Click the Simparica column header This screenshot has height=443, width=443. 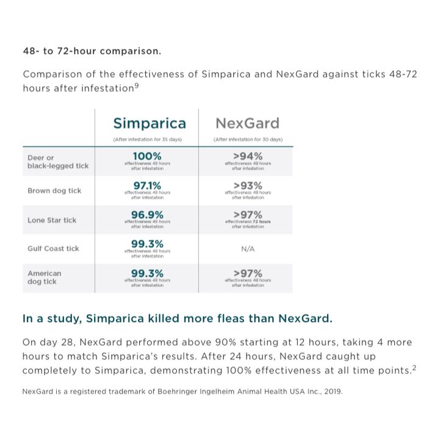point(149,123)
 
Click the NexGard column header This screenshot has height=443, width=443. point(247,123)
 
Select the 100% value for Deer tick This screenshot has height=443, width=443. point(146,157)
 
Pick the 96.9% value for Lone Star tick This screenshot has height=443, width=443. point(146,215)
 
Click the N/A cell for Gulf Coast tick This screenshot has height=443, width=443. point(248,249)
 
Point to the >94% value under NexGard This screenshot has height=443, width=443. point(248,157)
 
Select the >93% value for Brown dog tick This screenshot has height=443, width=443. point(248,185)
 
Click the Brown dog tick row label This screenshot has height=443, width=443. point(54,190)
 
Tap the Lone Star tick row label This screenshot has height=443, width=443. point(52,220)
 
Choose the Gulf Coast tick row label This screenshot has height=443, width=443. point(53,249)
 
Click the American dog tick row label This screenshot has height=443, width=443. point(45,278)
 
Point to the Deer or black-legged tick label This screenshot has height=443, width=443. point(58,162)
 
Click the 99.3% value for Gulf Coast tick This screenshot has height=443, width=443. point(146,244)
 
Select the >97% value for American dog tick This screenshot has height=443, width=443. point(248,273)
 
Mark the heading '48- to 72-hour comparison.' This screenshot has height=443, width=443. point(92,51)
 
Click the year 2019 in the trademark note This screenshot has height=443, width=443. point(333,391)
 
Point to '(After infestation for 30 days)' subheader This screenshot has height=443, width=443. point(248,140)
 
